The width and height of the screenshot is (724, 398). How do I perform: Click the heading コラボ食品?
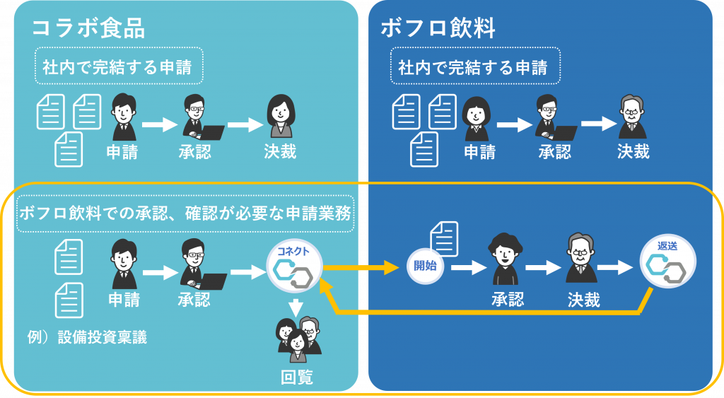coord(88,28)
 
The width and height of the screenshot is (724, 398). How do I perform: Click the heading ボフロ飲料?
coord(438,28)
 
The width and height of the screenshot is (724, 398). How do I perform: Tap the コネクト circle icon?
coord(294,268)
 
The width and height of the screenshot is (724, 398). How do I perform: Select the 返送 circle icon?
coord(667,262)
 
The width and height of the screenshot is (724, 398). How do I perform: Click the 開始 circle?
coord(425,266)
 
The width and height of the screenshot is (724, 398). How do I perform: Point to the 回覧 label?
coord(297,377)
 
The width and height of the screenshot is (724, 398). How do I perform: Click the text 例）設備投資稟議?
coord(87,337)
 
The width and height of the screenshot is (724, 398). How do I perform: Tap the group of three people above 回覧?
coord(298,339)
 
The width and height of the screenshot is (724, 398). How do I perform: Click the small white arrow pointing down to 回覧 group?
coord(295,307)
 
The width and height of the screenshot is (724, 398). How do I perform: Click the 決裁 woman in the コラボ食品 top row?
coord(281,117)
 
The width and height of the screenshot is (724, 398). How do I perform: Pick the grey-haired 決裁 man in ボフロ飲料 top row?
coord(632,117)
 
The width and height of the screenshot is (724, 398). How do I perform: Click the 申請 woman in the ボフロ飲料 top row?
coord(477,118)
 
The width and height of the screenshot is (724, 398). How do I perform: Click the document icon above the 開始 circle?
coord(444,238)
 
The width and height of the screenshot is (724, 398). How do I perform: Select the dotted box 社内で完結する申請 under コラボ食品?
coord(119,66)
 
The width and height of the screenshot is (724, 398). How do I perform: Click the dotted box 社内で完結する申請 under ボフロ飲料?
coord(475,66)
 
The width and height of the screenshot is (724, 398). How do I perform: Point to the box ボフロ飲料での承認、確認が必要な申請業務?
coord(185,213)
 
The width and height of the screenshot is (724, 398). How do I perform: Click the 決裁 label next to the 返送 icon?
coord(583,300)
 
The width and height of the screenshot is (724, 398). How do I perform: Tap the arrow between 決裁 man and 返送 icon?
coord(614,267)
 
